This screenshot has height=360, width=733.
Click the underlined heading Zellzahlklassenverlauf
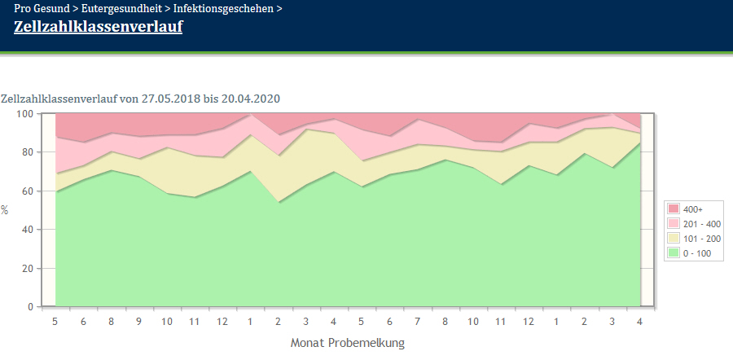coord(99,26)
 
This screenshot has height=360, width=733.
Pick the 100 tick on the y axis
coord(27,113)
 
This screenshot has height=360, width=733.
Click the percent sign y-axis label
coord(5,210)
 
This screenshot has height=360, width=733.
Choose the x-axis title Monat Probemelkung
coord(347,343)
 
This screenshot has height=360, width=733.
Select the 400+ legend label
coord(693,209)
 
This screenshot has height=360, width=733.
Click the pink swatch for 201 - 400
coord(674,223)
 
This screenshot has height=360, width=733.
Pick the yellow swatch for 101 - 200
coord(674,238)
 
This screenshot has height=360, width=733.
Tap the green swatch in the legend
coord(674,252)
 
